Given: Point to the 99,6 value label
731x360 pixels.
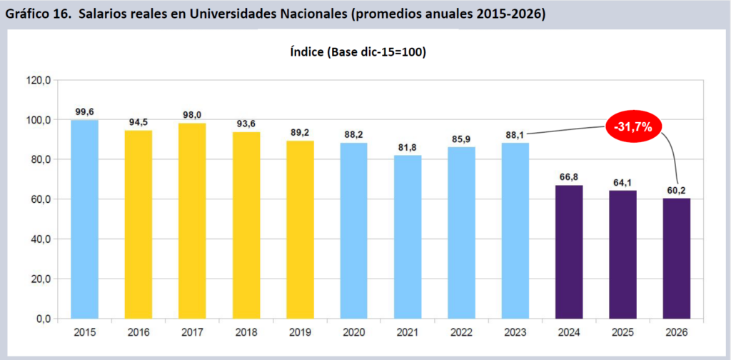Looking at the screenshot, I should click(x=85, y=111).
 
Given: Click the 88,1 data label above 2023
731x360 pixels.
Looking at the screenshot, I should click(x=515, y=134).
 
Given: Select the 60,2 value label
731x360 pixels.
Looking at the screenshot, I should click(x=676, y=190).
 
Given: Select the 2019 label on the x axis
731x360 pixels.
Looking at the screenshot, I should click(x=300, y=331).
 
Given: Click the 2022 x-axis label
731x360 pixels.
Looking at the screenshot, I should click(x=461, y=331).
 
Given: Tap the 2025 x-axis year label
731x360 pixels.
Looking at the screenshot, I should click(x=622, y=331).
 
